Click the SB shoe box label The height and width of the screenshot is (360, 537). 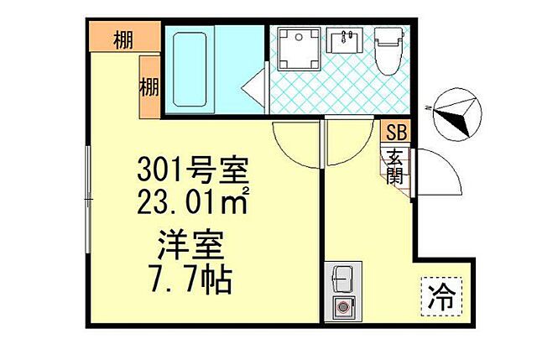[x=396, y=132]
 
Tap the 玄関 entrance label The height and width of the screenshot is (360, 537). [x=395, y=167]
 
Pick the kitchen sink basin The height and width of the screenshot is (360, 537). [x=342, y=277]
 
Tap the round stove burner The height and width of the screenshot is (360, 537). [x=343, y=307]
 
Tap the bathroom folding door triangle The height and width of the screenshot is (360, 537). [x=254, y=86]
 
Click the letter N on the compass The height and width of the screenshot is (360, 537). [x=428, y=107]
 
